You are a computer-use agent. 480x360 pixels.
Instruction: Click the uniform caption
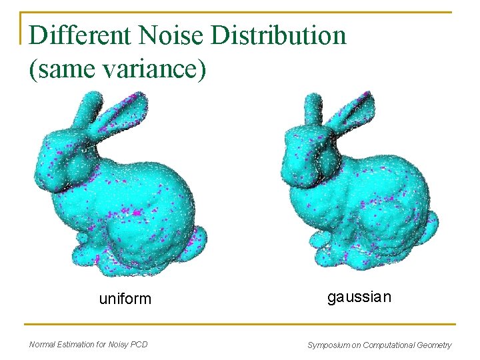pyautogui.click(x=125, y=299)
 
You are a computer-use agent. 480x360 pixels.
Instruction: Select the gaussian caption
pyautogui.click(x=359, y=297)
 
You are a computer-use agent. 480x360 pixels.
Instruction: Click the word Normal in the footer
pyautogui.click(x=45, y=345)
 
